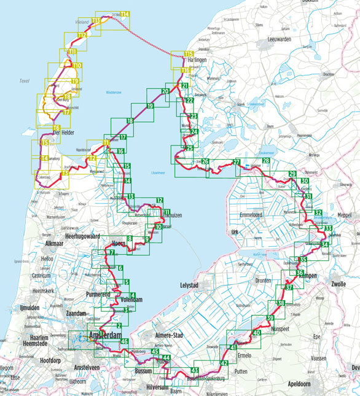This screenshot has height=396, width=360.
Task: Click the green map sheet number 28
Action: click(265, 161)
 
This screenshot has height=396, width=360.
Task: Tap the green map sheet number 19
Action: click(150, 107)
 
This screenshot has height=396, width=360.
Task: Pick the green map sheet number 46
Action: click(124, 341)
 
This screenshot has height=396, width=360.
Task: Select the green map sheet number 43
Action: click(195, 370)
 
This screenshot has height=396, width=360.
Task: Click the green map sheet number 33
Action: click(329, 228)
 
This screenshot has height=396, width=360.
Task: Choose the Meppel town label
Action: click(346, 215)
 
